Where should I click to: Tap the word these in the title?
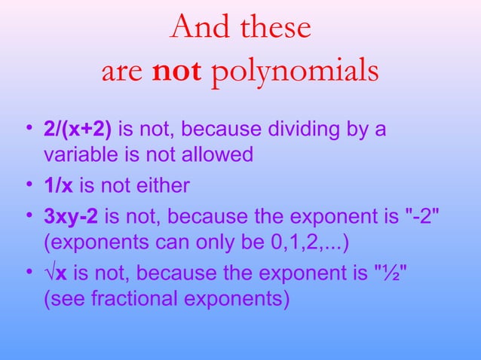point(274,28)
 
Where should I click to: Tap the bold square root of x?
point(53,272)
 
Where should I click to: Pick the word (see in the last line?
point(65,298)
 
